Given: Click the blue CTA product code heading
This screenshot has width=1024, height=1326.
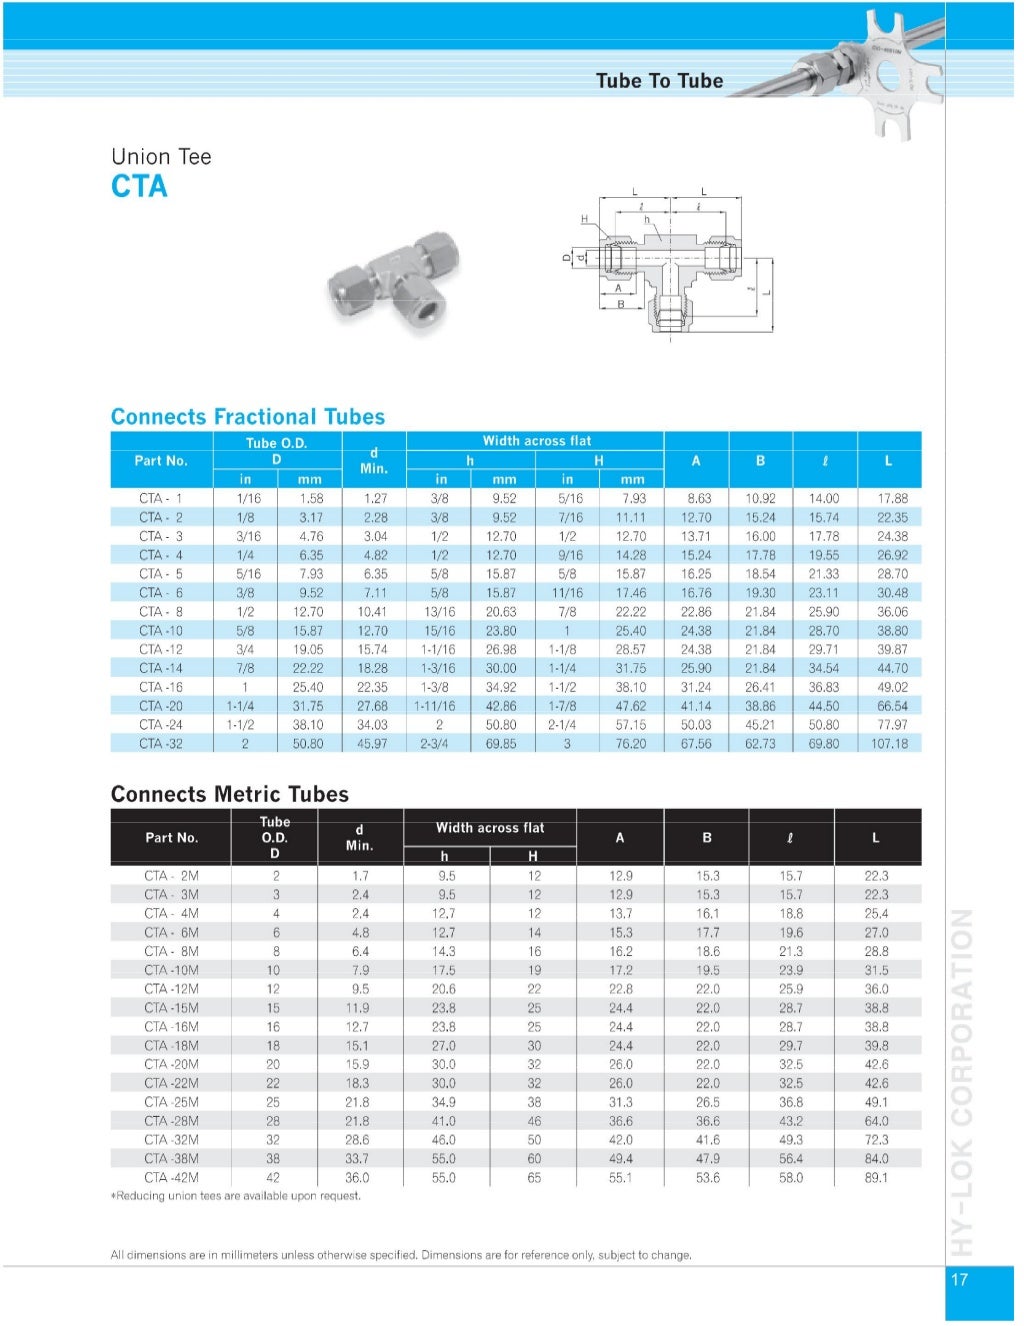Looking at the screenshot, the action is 139,186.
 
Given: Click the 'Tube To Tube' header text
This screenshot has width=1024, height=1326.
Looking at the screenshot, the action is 659,81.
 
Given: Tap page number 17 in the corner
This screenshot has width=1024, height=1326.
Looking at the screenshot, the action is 959,1279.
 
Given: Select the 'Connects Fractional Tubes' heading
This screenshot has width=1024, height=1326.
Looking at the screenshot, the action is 248,417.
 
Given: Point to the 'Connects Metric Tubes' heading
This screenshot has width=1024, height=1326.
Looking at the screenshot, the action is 229,794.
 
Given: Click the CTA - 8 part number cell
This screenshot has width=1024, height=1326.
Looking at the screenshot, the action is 160,611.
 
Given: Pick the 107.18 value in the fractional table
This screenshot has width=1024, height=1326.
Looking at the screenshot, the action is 889,743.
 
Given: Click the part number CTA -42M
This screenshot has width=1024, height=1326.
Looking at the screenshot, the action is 171,1177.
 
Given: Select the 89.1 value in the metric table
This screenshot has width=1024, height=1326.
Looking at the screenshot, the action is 876,1177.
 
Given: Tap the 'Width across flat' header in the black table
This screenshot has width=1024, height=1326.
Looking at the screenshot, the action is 489,827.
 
